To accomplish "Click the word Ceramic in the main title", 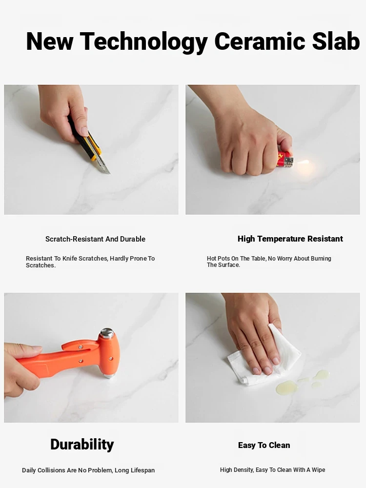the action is (260, 41).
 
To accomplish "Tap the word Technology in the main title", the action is (144, 42).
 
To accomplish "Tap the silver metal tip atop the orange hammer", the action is (107, 332).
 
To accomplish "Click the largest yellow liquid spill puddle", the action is (286, 387).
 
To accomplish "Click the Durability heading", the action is (82, 445).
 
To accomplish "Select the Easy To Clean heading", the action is (264, 446).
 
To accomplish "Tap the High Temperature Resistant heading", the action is (290, 239).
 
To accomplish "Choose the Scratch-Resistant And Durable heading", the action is (95, 239).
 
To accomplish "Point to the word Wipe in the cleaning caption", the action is (318, 469).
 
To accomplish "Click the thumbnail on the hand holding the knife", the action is (84, 131).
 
